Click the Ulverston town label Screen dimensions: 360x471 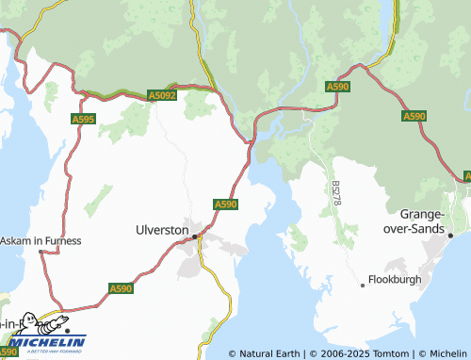[x=162, y=229]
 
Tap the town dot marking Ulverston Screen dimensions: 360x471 [x=196, y=237]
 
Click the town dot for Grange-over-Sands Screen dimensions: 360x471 [x=451, y=235]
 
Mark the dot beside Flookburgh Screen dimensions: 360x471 [x=364, y=284]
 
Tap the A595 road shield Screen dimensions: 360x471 [x=83, y=119]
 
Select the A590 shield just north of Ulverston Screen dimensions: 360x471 [x=225, y=204]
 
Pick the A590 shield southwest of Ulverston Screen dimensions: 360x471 [x=121, y=288]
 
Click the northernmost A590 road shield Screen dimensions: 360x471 [x=338, y=87]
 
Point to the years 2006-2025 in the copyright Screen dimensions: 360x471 [x=324, y=353]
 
